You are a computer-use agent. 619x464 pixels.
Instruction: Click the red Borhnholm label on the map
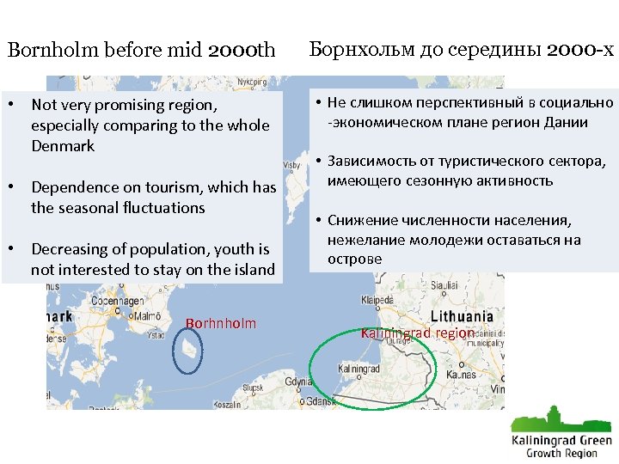pyautogui.click(x=221, y=323)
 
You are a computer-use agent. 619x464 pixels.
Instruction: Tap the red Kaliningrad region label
pyautogui.click(x=418, y=333)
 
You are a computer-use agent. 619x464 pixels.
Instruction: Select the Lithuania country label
pyautogui.click(x=462, y=316)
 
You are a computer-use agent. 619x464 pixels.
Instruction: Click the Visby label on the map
pyautogui.click(x=292, y=164)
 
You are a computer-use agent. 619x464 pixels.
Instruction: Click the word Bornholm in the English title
pyautogui.click(x=53, y=50)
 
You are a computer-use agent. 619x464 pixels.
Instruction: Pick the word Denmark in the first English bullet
pyautogui.click(x=63, y=146)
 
